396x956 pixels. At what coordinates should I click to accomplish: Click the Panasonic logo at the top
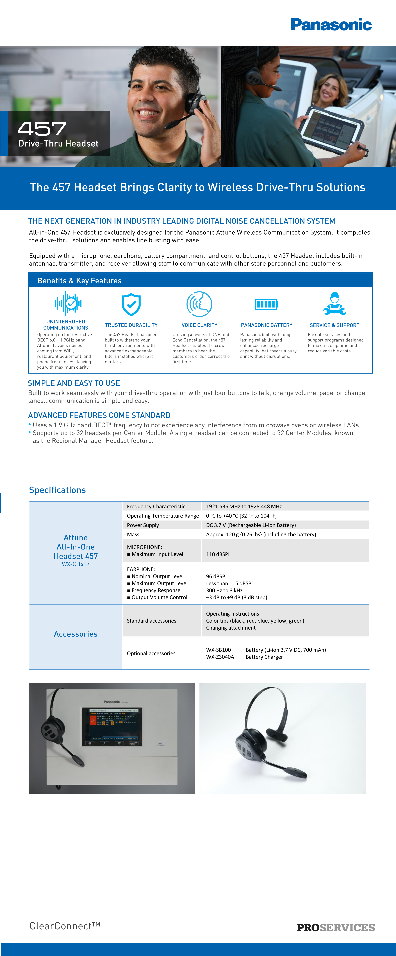[331, 25]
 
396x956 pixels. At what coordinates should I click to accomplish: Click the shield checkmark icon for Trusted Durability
[131, 304]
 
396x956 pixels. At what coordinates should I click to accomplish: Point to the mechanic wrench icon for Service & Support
[335, 304]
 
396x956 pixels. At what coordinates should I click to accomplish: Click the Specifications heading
[57, 490]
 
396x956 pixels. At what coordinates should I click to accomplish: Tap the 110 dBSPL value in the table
[218, 554]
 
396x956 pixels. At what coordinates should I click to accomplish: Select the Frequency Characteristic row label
[156, 506]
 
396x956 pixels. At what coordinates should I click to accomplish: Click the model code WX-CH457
[76, 564]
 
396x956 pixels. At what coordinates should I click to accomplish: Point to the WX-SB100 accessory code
[218, 650]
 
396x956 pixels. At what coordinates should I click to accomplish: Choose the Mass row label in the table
[133, 534]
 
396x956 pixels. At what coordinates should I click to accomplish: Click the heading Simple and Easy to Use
[74, 383]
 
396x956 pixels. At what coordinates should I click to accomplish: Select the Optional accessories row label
[151, 653]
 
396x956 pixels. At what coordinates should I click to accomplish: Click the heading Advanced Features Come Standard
[99, 415]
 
